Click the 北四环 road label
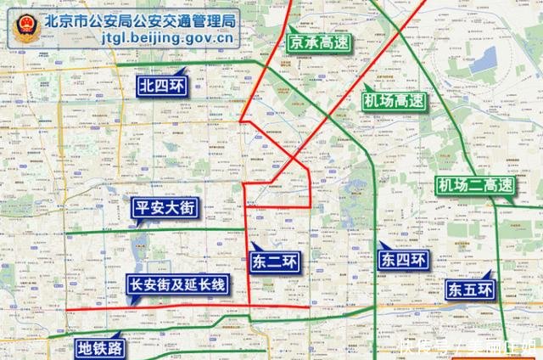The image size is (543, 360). (163, 84)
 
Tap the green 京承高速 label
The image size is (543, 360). (319, 42)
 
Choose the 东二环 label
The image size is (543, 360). (275, 261)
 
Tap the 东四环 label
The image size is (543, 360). (404, 261)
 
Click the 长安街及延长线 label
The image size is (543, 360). (176, 284)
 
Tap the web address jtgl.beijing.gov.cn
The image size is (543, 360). (166, 39)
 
